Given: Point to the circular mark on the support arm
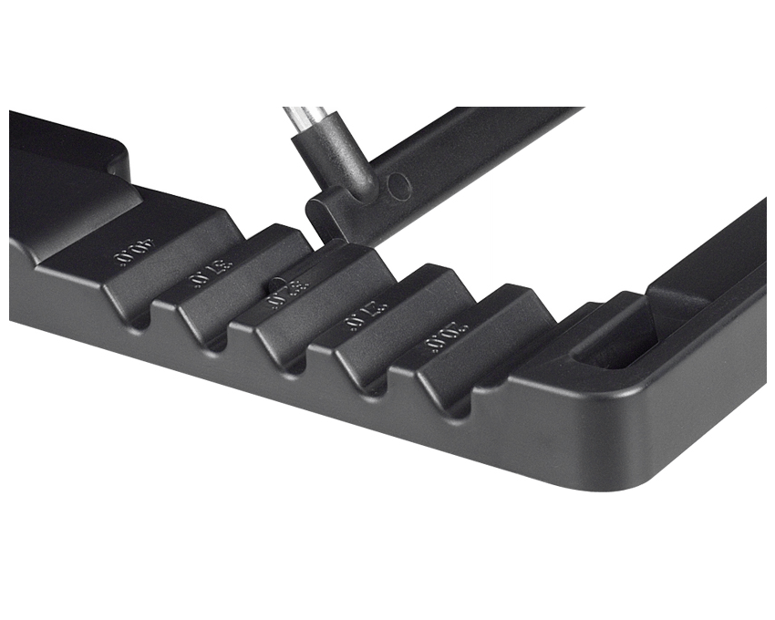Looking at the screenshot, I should point(398,186).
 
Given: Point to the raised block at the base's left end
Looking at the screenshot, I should point(64,164).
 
